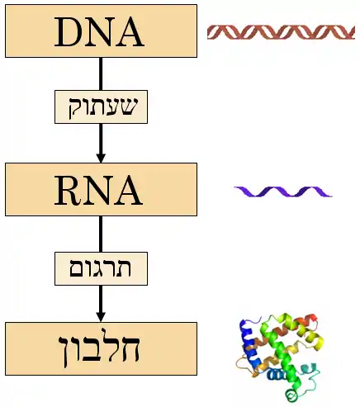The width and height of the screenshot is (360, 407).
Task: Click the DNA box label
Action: coord(99,32)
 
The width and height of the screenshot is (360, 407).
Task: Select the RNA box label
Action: coord(98,191)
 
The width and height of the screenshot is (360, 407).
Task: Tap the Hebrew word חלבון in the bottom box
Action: coord(99,348)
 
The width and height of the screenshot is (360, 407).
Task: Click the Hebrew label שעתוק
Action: coord(102,107)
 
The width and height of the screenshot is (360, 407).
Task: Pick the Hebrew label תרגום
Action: coord(101,268)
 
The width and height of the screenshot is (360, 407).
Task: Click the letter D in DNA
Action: coord(68,32)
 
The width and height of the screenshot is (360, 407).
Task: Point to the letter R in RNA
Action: coord(68,191)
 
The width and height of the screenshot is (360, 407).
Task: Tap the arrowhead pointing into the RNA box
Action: coord(101,158)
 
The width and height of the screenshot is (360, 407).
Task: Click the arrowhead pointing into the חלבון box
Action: coord(101,317)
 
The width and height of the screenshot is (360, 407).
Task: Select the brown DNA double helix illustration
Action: coord(281,32)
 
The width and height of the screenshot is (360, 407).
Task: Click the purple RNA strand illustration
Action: coord(283,192)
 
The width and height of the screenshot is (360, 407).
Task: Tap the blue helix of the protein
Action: coord(249,344)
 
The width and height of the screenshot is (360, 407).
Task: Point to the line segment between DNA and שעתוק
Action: coord(101,73)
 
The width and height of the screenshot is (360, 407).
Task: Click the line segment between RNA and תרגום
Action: coord(101,234)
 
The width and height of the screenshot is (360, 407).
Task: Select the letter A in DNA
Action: coord(130,32)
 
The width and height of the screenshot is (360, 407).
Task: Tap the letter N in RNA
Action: coord(98,191)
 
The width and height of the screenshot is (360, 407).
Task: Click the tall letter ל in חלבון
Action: coord(108,344)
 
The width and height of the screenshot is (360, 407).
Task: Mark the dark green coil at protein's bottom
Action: coord(291,395)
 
